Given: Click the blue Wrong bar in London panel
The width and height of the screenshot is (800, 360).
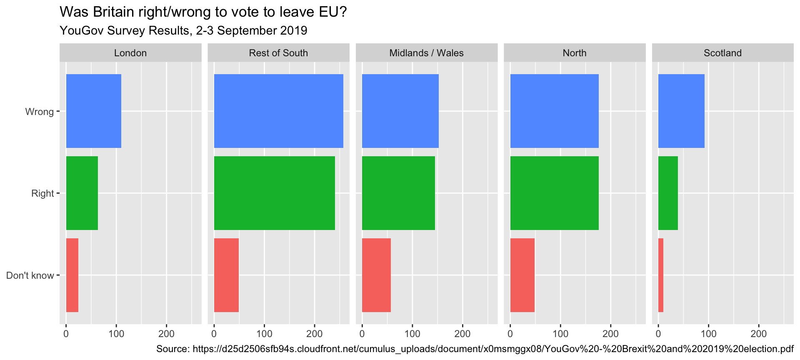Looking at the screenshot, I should click(x=93, y=111).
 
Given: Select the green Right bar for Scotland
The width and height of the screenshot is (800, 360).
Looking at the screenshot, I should click(x=668, y=193).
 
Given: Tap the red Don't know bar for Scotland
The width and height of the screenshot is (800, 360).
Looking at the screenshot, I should click(x=661, y=275).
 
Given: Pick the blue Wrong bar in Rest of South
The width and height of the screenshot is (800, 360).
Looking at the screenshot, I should click(x=278, y=111).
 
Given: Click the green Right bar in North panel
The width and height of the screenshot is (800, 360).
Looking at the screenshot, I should click(x=554, y=193).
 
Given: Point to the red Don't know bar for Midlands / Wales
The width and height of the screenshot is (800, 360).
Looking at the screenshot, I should click(x=376, y=275).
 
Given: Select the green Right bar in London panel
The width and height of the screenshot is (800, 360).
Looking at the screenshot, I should click(x=82, y=193).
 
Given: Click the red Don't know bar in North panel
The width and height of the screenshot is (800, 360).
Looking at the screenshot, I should click(x=522, y=275).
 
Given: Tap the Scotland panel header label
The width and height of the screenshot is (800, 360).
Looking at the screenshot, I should click(x=722, y=53).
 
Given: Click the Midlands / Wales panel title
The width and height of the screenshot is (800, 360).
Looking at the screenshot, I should click(x=426, y=53).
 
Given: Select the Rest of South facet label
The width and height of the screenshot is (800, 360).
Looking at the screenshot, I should click(x=278, y=53).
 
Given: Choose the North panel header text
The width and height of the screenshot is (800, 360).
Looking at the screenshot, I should click(x=574, y=53).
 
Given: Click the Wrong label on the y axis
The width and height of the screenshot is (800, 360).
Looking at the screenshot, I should click(x=40, y=112).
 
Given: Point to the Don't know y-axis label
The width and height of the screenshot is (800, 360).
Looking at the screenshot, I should click(x=30, y=275).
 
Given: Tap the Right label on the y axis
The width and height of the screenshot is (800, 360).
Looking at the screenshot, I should click(x=42, y=193).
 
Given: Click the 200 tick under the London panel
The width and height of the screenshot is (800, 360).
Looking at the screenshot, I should click(x=166, y=334).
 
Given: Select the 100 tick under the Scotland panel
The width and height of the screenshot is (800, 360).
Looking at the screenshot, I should click(x=708, y=334).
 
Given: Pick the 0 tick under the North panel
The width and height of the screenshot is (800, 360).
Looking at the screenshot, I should click(x=510, y=334).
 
